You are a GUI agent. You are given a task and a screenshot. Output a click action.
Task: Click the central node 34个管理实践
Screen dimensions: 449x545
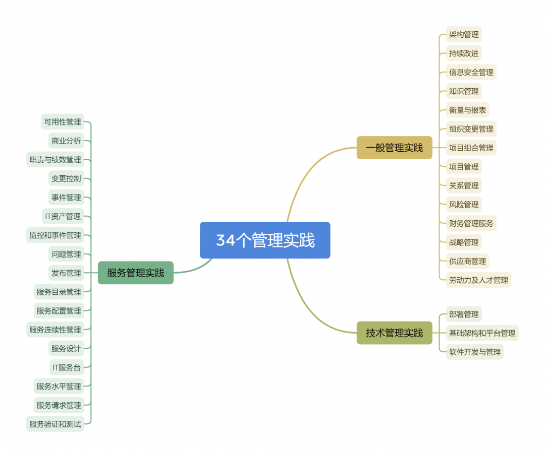click(265, 240)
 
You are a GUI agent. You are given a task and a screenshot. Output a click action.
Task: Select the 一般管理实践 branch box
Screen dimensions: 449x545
click(394, 148)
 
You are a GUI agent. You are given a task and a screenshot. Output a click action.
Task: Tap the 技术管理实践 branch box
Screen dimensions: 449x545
click(394, 333)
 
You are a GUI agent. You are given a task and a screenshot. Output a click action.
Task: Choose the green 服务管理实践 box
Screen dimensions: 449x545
click(135, 273)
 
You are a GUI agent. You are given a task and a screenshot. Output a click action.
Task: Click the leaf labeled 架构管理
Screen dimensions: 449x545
click(464, 34)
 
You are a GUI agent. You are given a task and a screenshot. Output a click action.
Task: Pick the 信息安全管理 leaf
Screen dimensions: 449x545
click(471, 72)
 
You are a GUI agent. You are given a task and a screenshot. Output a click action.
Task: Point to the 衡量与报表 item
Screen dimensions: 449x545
click(467, 110)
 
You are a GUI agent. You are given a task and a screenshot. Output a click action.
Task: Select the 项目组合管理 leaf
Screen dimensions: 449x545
click(471, 148)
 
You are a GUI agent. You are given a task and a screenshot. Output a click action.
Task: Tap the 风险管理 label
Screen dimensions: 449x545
click(464, 204)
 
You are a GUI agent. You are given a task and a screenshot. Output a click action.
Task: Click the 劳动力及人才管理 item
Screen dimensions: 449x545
click(478, 280)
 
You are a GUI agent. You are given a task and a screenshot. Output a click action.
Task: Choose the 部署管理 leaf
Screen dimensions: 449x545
click(464, 314)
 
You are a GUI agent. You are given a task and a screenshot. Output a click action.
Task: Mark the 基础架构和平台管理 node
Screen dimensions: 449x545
click(482, 333)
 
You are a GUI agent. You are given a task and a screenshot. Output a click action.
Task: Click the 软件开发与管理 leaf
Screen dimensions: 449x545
click(474, 352)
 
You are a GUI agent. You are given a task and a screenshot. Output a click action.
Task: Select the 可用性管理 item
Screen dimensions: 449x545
click(62, 121)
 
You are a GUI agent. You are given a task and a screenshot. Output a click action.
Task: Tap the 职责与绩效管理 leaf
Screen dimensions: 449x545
click(55, 159)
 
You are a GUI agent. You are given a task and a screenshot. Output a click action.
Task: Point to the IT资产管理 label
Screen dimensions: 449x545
click(63, 216)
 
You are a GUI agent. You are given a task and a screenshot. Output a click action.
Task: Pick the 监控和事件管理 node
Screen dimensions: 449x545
click(55, 235)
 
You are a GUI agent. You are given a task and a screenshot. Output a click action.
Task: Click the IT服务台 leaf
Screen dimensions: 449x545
click(66, 367)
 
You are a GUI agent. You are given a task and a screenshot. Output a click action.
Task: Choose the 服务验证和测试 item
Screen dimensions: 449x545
click(55, 424)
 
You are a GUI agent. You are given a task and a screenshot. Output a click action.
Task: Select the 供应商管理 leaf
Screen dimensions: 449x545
click(467, 261)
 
